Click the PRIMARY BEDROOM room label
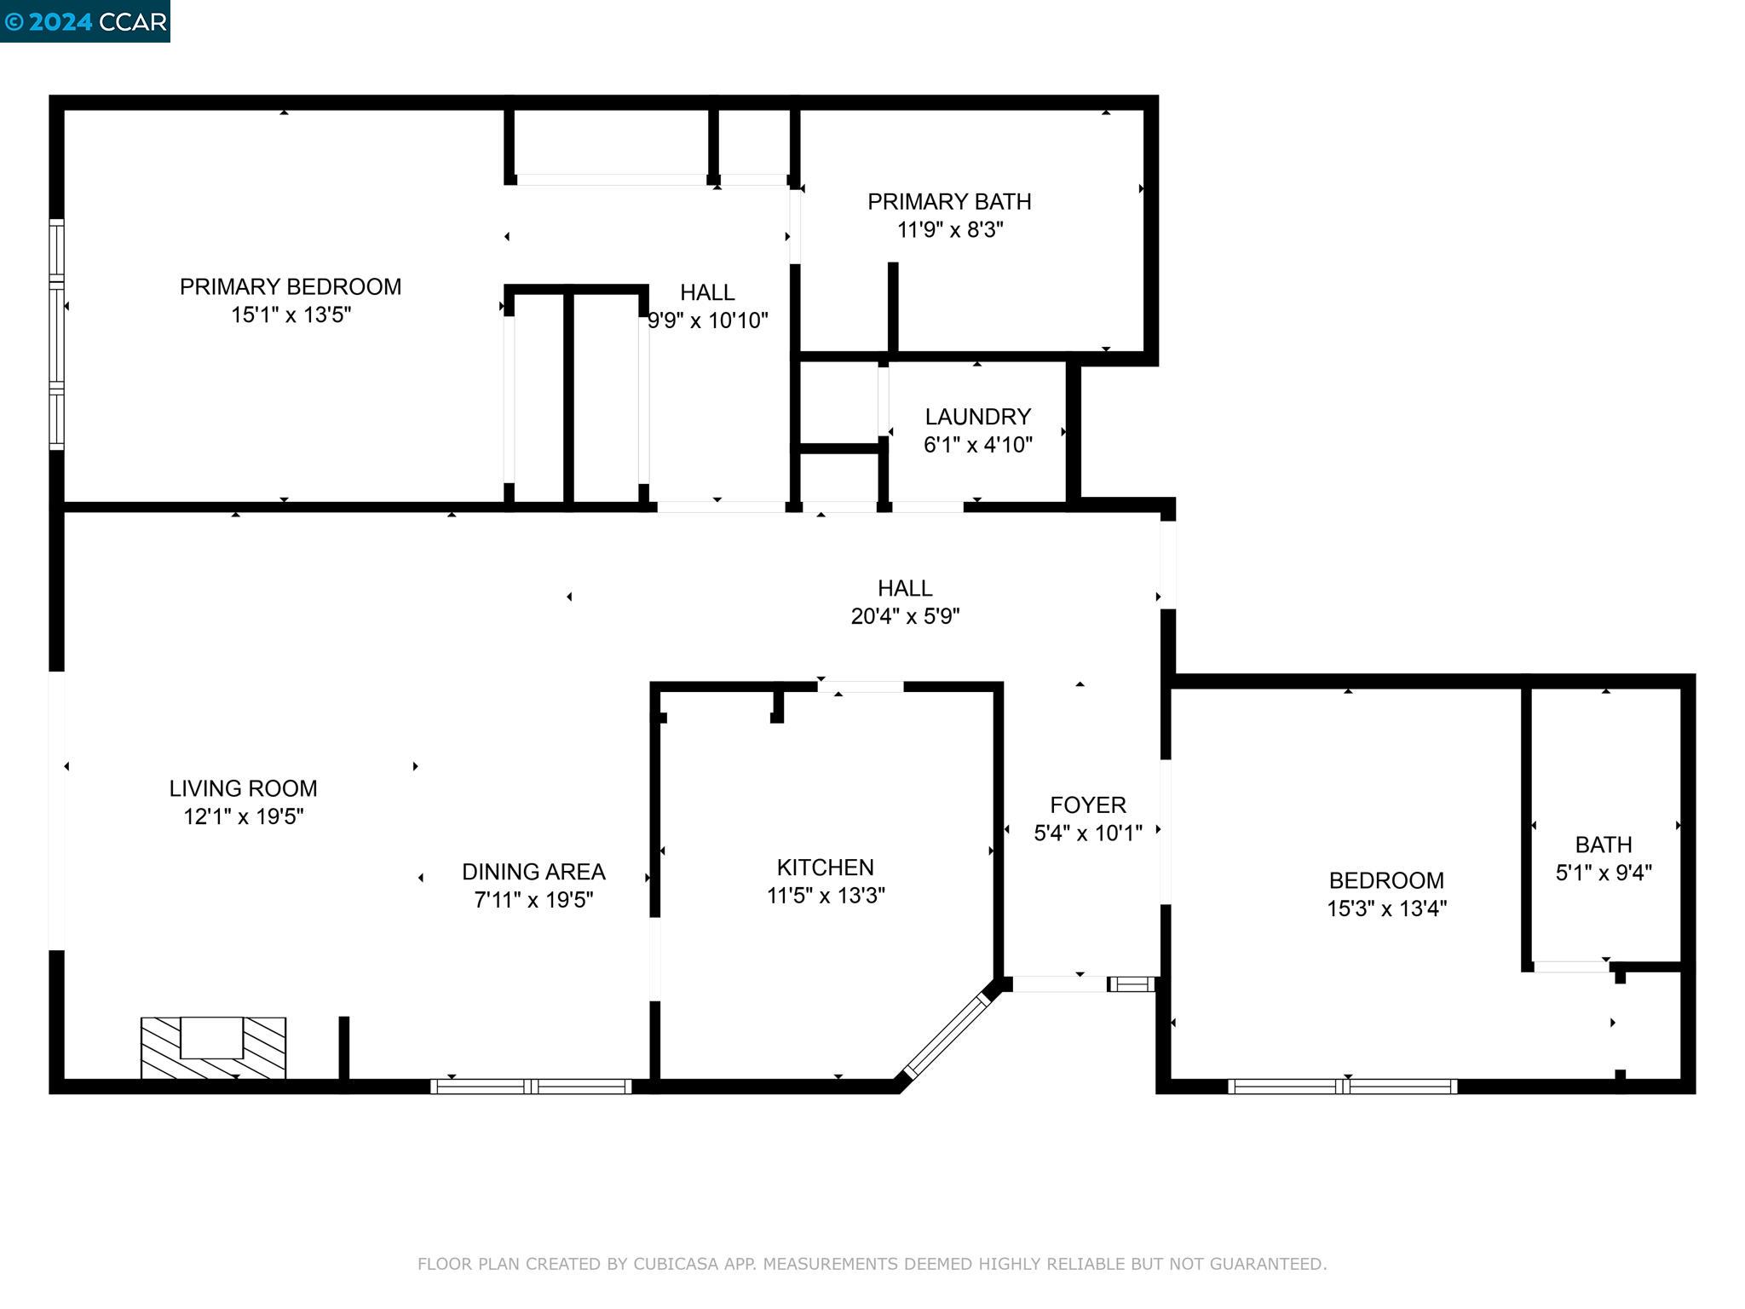(290, 286)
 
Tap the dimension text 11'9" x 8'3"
(949, 230)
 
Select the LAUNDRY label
(977, 417)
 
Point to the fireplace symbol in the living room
(213, 1047)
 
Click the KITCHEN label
(825, 868)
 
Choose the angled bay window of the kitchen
(946, 1040)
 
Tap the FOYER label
(1087, 804)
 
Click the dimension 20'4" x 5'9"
(905, 616)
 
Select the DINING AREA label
(533, 872)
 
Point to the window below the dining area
(531, 1086)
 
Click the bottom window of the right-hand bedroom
(1343, 1086)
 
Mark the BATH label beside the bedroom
(1603, 845)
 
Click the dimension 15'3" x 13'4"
(1386, 908)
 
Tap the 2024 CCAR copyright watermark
(85, 20)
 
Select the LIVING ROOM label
(243, 788)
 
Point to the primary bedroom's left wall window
(56, 334)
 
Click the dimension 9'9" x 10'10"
(708, 321)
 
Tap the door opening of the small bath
(1570, 966)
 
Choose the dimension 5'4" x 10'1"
(1087, 833)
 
